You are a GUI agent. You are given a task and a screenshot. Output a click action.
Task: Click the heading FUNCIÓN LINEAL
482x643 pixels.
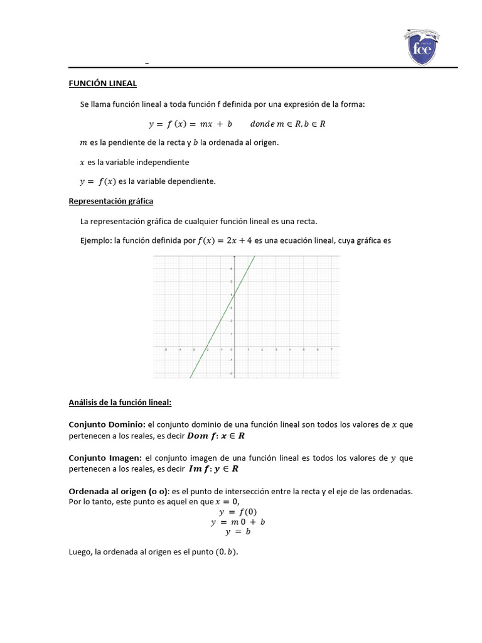click(102, 84)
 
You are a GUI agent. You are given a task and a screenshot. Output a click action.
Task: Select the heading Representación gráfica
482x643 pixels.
click(110, 201)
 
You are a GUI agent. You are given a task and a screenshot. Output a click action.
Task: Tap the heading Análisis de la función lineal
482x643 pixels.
click(120, 402)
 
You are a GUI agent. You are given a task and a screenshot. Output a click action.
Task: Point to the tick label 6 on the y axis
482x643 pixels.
click(230, 268)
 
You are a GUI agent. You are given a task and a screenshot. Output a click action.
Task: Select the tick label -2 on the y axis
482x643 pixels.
click(230, 374)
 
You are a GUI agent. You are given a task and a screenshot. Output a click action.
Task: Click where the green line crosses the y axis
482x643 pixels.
click(233, 294)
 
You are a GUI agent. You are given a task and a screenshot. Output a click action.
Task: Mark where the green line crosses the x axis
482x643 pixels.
click(206, 347)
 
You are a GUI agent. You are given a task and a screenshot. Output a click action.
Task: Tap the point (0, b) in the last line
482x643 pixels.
click(227, 553)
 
